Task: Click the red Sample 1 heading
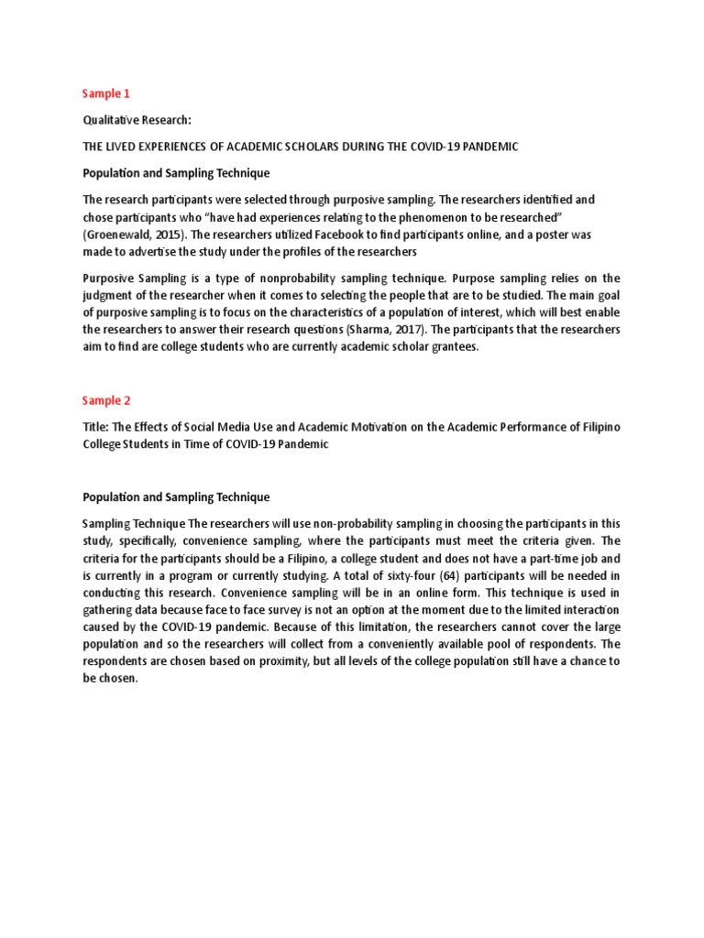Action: [106, 93]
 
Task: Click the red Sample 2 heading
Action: [107, 400]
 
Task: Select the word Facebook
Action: [333, 234]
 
